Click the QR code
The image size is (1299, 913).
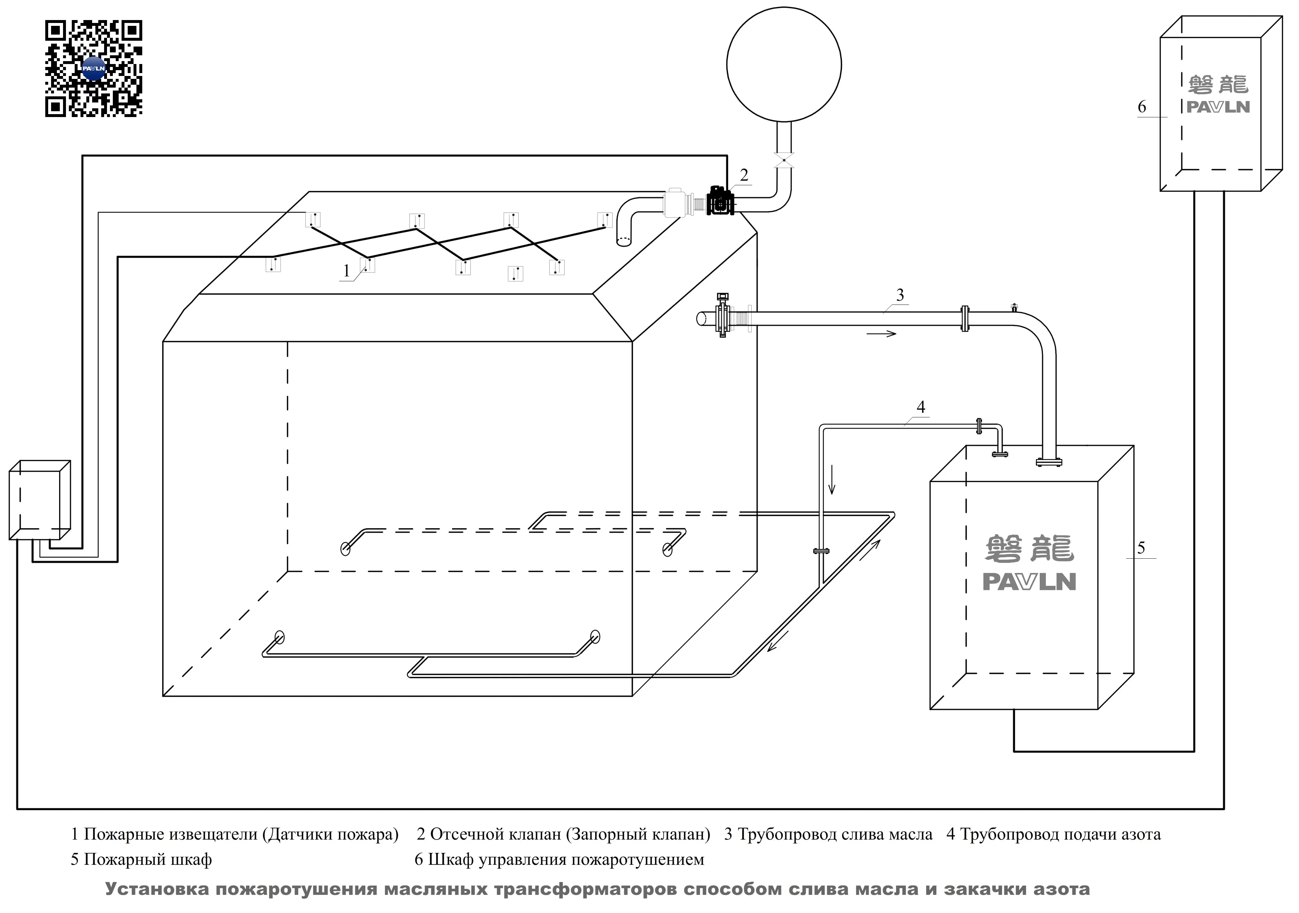point(93,69)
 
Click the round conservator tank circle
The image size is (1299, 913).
point(784,64)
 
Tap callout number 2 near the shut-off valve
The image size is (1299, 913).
point(744,175)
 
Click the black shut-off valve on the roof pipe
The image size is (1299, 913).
point(720,201)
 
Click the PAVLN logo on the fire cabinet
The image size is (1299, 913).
point(1029,582)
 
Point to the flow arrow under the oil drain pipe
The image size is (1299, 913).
point(881,334)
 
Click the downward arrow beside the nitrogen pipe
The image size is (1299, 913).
point(832,481)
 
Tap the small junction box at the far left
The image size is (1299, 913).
point(39,500)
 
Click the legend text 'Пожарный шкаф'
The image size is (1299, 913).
point(148,860)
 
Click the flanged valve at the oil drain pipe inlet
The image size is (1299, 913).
point(723,316)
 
